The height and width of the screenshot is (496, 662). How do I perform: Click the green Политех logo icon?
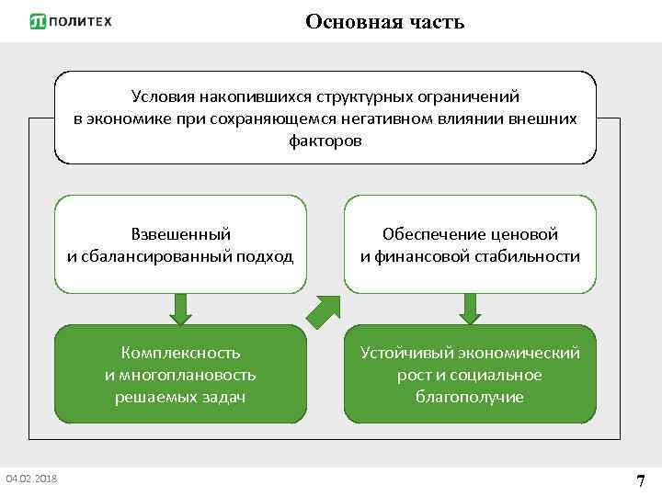coord(38,22)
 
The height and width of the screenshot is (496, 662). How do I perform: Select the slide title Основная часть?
coord(384,21)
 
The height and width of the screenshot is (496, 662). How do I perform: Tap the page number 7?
coord(641,480)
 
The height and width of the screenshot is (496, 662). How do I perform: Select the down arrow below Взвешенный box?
coord(181,308)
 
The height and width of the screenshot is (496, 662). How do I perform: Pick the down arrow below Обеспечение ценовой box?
coord(470,308)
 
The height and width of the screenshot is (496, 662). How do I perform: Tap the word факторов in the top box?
coord(325,141)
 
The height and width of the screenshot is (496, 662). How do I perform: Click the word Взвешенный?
coord(180,234)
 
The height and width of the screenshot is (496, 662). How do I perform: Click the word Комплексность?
coord(180,353)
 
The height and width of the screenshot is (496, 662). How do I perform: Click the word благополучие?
coord(470,397)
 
